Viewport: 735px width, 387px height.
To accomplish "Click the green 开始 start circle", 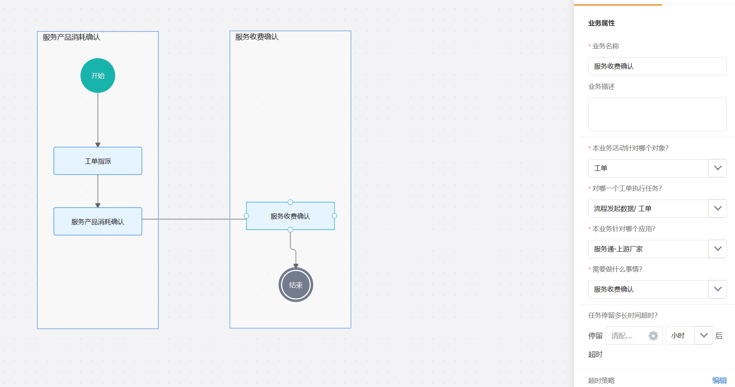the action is tap(98, 76).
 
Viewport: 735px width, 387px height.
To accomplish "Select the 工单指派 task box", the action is tap(98, 161).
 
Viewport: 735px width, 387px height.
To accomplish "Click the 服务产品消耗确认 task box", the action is tap(98, 221).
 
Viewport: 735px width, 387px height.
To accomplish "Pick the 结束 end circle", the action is tap(296, 285).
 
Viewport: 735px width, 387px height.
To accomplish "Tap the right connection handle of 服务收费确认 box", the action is tap(334, 216).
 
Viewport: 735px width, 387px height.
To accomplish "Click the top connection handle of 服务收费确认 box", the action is tap(290, 202).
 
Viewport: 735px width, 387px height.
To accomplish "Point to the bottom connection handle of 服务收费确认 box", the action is tap(290, 230).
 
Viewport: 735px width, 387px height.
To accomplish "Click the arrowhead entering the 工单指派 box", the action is tap(98, 145).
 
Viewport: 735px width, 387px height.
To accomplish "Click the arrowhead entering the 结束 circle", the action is tap(296, 266).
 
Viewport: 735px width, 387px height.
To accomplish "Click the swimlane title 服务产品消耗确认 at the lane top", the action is tap(71, 37).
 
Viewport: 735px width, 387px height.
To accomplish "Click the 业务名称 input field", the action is tap(657, 66).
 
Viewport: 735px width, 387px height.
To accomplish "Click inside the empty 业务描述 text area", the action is tap(657, 114).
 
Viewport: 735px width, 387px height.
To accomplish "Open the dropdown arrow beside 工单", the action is tap(718, 168).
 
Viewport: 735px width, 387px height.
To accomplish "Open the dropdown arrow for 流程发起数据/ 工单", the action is tap(718, 209).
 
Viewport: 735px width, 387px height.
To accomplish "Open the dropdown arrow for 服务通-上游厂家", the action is tap(718, 249).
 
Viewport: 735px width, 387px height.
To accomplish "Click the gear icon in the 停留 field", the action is tap(653, 336).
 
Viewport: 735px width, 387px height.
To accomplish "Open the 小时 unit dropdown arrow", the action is tap(703, 336).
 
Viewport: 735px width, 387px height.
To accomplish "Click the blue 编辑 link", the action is tap(719, 380).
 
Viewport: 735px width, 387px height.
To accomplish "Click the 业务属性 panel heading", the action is tap(601, 23).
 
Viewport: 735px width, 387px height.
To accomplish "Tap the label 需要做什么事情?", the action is tap(617, 269).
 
